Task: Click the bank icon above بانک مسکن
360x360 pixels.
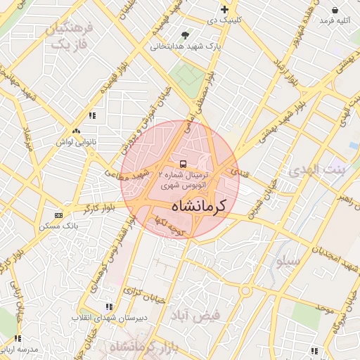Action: point(58,214)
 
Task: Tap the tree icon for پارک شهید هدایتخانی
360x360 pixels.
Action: point(185,34)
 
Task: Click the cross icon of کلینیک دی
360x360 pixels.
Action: point(224,9)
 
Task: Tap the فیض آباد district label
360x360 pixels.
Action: point(195,316)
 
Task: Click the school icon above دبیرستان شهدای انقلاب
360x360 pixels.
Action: point(108,307)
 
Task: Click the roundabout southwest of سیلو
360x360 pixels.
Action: point(245,290)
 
